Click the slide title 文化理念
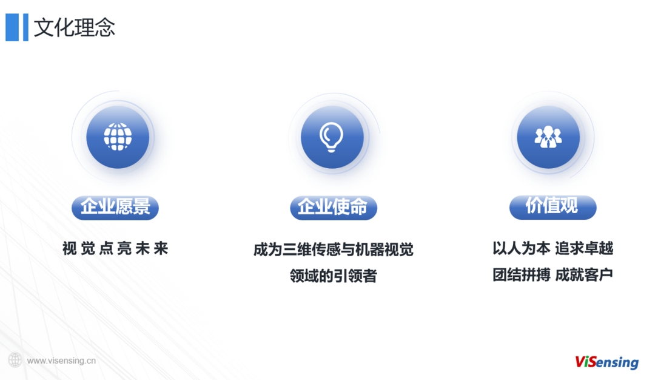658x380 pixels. pyautogui.click(x=74, y=28)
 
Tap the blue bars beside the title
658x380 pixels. pyautogui.click(x=17, y=27)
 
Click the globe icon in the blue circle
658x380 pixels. pyautogui.click(x=118, y=137)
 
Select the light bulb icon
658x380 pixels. pyautogui.click(x=332, y=137)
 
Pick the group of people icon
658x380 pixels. pyautogui.click(x=548, y=137)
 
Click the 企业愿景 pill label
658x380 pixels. pyautogui.click(x=115, y=208)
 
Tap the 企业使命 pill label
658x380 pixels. pyautogui.click(x=333, y=208)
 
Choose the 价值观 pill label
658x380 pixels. pyautogui.click(x=552, y=207)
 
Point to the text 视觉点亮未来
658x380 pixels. pyautogui.click(x=115, y=248)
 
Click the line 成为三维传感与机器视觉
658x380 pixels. pyautogui.click(x=333, y=250)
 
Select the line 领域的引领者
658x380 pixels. pyautogui.click(x=333, y=276)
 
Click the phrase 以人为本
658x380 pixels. pyautogui.click(x=521, y=248)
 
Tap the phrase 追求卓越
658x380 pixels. pyautogui.click(x=584, y=248)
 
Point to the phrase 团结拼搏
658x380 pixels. pyautogui.click(x=521, y=275)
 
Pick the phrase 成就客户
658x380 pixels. pyautogui.click(x=584, y=275)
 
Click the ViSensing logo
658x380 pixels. pyautogui.click(x=607, y=362)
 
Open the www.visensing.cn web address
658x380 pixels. pyautogui.click(x=61, y=361)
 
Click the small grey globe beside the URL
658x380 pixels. pyautogui.click(x=15, y=360)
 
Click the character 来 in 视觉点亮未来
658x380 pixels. pyautogui.click(x=161, y=248)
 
